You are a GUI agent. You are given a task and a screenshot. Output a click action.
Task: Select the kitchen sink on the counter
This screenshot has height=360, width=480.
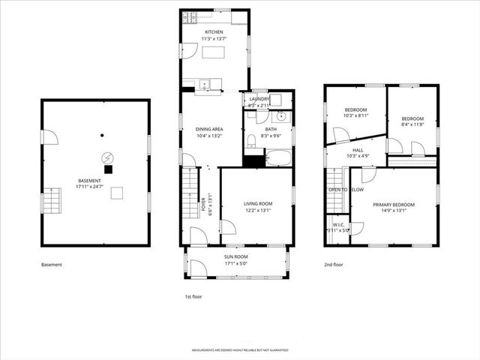click(x=203, y=82)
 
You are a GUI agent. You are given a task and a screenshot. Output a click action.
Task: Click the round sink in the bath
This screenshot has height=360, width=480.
click(x=283, y=116)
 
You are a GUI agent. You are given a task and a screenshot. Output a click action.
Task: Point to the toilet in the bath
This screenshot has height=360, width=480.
click(x=252, y=142)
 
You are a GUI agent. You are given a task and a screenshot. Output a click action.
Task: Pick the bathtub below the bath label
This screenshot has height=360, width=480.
click(x=279, y=158)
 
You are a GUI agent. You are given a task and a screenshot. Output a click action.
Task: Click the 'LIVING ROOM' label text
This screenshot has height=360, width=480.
click(x=257, y=203)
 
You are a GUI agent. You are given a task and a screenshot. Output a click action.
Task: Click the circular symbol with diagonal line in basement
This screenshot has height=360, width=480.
click(x=108, y=158)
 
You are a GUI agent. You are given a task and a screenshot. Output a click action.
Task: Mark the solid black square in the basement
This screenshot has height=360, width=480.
click(x=108, y=170)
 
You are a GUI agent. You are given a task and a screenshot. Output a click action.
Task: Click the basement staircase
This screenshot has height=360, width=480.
click(x=51, y=202)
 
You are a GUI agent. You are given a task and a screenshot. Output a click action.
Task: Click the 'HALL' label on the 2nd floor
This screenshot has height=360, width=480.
click(x=358, y=150)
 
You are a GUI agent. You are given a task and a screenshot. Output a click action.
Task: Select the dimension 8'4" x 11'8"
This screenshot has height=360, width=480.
click(x=412, y=125)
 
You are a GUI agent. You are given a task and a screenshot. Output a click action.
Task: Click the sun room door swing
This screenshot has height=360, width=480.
click(x=197, y=268)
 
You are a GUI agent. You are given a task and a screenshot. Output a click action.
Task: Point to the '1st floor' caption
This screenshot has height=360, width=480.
click(x=193, y=296)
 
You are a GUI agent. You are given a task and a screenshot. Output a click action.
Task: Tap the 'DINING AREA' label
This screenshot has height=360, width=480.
click(x=208, y=129)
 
